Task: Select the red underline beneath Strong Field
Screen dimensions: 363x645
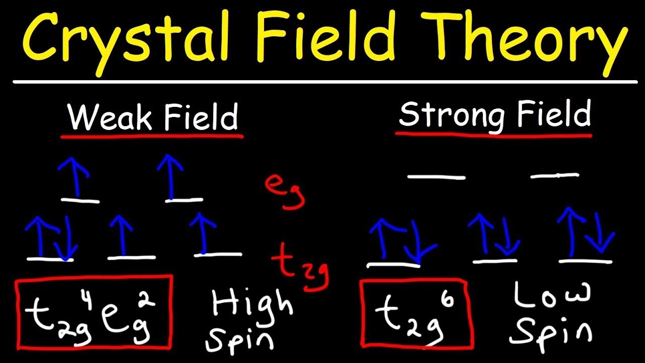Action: pos(494,135)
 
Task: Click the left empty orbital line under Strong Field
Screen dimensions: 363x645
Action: pos(436,177)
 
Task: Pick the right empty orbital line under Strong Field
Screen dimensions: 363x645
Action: pos(554,175)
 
